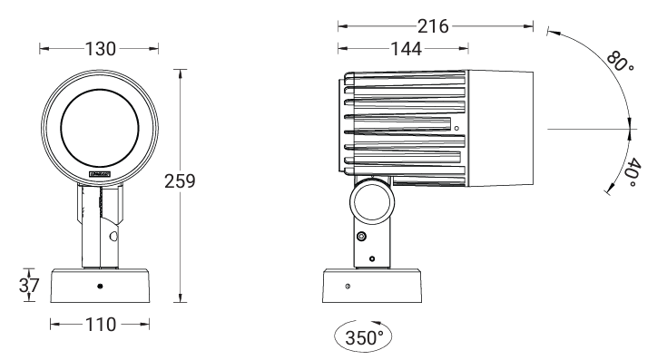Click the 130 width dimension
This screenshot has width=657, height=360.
coord(101,49)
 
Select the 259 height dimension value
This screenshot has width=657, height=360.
coord(180,181)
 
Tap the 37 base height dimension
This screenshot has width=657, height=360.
coord(29,286)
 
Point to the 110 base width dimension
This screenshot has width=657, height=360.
coord(101,325)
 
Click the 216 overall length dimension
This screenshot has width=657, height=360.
coord(433,26)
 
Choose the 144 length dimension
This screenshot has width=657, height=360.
coord(406,49)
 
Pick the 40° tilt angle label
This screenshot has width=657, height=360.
coord(632,173)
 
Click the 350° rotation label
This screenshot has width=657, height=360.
coord(364,337)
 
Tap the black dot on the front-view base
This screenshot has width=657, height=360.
coord(100,287)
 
